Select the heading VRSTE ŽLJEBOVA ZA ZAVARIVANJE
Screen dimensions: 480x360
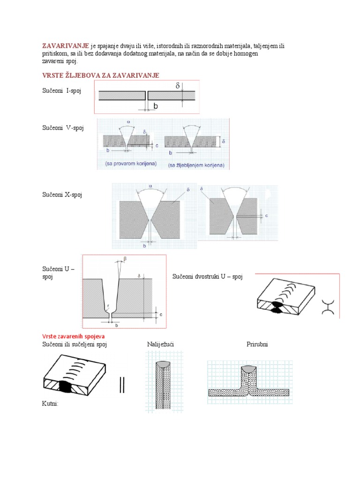tap(101, 75)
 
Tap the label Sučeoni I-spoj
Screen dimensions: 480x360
tap(61, 90)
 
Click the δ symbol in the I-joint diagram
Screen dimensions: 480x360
tap(178, 86)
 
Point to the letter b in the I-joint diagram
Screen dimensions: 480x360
tap(156, 106)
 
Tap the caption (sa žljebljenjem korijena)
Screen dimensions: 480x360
tap(196, 165)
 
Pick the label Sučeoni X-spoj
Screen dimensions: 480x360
tap(62, 195)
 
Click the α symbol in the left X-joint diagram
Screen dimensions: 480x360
tap(150, 186)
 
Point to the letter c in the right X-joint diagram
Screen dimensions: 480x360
tap(266, 216)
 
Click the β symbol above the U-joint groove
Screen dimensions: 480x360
tap(125, 258)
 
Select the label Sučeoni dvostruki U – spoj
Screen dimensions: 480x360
tap(208, 277)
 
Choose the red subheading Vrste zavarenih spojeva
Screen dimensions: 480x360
tap(73, 337)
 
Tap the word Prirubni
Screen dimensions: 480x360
tap(257, 345)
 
